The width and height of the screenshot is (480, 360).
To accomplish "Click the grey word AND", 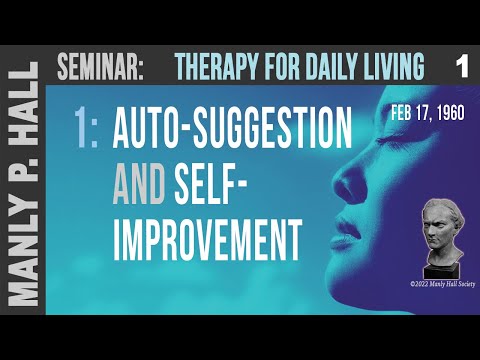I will click(141, 184).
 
